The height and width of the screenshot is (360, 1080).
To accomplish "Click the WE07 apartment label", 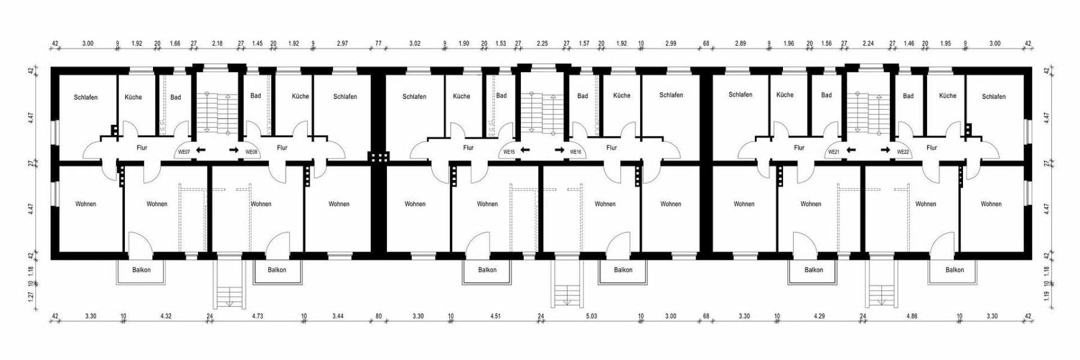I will click(x=184, y=152).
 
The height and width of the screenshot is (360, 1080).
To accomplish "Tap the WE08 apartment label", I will click(x=251, y=152).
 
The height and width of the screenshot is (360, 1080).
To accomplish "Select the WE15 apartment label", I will click(x=509, y=152).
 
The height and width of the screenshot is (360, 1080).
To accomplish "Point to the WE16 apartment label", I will click(x=576, y=152).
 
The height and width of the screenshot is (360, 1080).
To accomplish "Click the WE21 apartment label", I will click(x=834, y=152).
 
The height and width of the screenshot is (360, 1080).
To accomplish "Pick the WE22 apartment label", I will click(x=903, y=152).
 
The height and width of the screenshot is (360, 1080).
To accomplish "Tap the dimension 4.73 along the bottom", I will click(x=257, y=316).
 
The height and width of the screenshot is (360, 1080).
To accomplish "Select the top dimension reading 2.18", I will click(x=217, y=44).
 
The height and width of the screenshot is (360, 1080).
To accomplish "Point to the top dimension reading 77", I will click(x=378, y=44).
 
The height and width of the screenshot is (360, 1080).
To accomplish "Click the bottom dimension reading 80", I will click(x=379, y=316).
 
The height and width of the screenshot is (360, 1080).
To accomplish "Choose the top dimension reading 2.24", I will click(x=868, y=44).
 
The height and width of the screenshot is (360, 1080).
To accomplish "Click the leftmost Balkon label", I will click(x=142, y=270).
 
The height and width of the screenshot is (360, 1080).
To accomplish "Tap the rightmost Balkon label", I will click(x=955, y=270).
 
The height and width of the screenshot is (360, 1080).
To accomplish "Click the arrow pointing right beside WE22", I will click(x=885, y=150).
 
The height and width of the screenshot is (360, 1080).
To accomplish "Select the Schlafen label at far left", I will click(x=86, y=97).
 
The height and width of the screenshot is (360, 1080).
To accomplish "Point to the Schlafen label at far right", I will click(x=994, y=97).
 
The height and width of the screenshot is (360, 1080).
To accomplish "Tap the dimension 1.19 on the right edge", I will click(x=1046, y=296).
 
